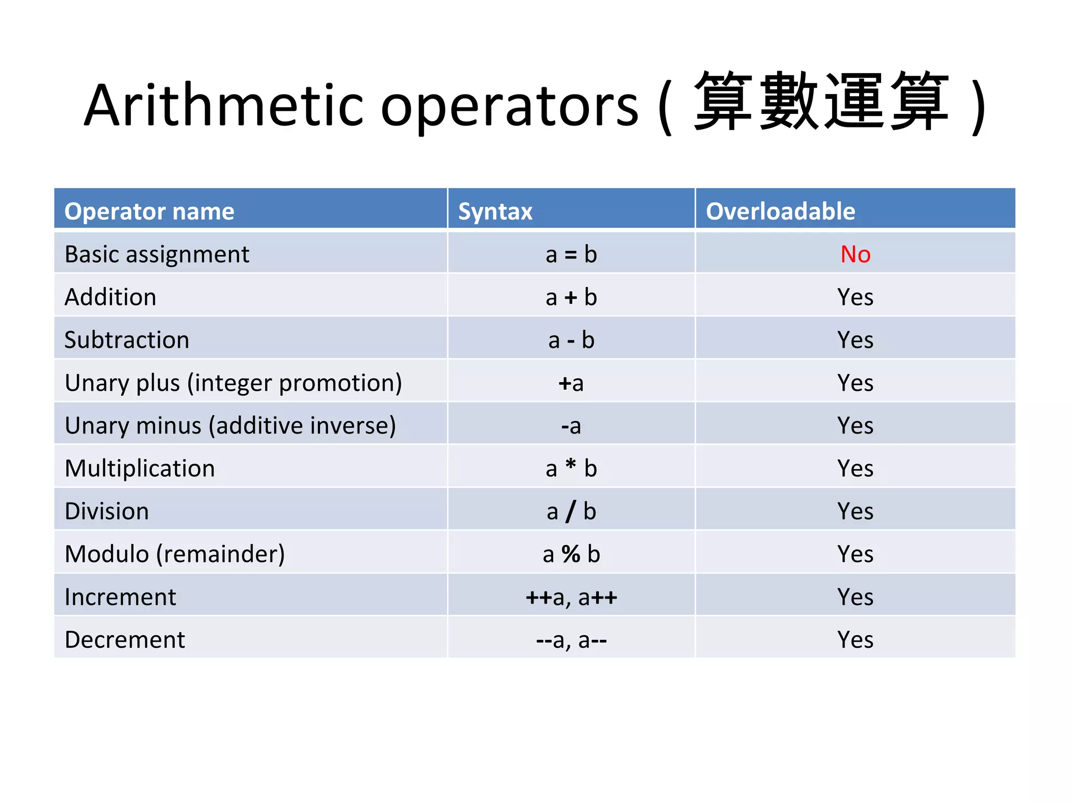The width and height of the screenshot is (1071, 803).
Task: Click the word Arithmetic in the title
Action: [x=224, y=106]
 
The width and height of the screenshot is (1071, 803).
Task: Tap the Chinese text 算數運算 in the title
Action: [x=821, y=101]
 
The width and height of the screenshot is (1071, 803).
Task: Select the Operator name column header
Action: [x=149, y=211]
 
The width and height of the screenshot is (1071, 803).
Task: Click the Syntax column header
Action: [x=495, y=211]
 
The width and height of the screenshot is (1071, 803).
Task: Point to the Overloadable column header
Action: [x=780, y=211]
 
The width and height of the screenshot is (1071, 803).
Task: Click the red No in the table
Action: [x=856, y=255]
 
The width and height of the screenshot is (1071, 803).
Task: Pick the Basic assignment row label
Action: [x=157, y=255]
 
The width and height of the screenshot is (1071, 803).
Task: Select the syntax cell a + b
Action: [x=571, y=297]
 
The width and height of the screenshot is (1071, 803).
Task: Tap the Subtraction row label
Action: [x=127, y=340]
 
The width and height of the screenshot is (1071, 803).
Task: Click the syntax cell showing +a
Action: [x=571, y=383]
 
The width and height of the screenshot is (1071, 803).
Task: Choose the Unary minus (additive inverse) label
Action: [x=230, y=426]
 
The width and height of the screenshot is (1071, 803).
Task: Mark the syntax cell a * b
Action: [x=571, y=468]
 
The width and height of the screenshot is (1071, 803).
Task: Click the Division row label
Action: [x=107, y=511]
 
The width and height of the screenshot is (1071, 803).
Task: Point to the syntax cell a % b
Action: [x=571, y=554]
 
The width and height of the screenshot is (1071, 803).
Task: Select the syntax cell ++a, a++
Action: [x=571, y=597]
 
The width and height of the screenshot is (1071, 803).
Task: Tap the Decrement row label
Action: [x=124, y=640]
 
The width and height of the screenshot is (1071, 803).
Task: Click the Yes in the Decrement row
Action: [x=856, y=640]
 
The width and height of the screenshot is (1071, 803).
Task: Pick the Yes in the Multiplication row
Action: [x=856, y=468]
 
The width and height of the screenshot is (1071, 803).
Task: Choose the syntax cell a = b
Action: [x=571, y=255]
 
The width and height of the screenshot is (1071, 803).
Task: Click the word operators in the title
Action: [x=509, y=107]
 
